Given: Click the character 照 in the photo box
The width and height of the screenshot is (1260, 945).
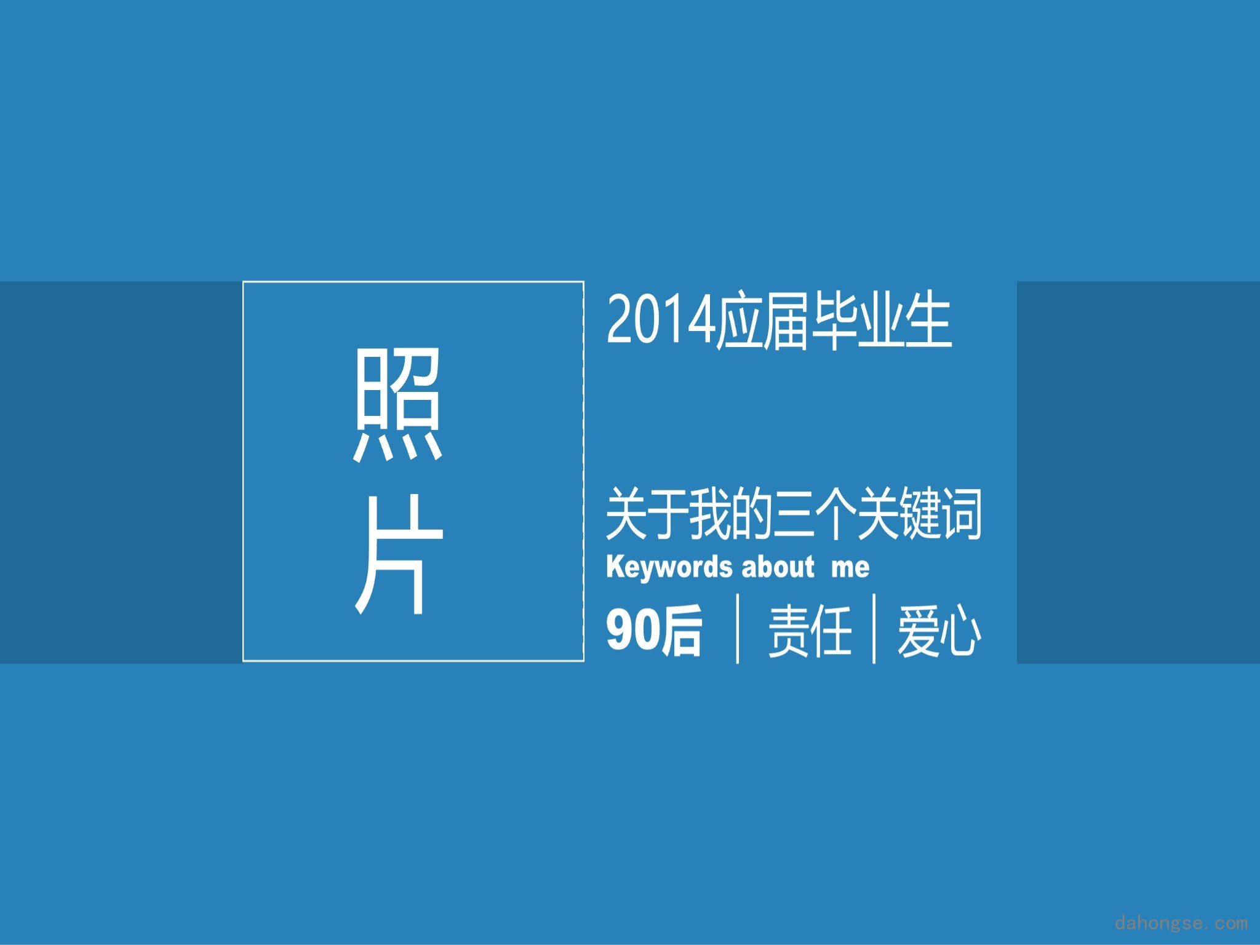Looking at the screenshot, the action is tap(398, 404).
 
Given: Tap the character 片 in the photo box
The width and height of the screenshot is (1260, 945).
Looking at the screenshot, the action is tap(398, 554).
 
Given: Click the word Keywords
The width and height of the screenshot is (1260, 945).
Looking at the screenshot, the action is tap(669, 567).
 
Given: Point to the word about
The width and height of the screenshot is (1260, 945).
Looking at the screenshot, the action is tap(778, 567).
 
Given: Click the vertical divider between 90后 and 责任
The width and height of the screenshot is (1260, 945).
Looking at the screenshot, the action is tap(738, 628).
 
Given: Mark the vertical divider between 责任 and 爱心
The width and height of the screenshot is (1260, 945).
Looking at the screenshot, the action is tap(874, 628).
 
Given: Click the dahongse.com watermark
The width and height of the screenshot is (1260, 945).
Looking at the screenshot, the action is tap(1181, 923).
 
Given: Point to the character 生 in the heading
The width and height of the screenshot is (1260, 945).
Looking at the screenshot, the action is tap(928, 321).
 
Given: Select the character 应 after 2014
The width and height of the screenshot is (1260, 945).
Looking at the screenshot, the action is tap(740, 321).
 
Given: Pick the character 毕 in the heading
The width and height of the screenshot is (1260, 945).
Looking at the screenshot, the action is tap(834, 321).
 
